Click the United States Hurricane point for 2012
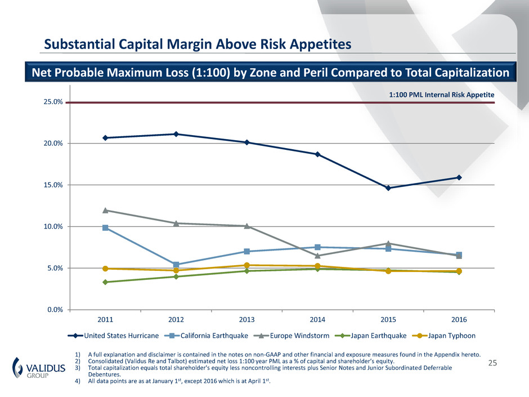176,134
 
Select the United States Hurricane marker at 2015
388,188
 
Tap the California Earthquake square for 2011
105,228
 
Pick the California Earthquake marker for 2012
176,265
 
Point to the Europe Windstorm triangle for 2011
105,211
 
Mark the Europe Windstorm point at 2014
317,256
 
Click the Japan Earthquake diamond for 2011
105,282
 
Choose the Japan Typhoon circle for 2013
247,265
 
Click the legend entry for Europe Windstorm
285,336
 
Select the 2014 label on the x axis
317,319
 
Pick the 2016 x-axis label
459,319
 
